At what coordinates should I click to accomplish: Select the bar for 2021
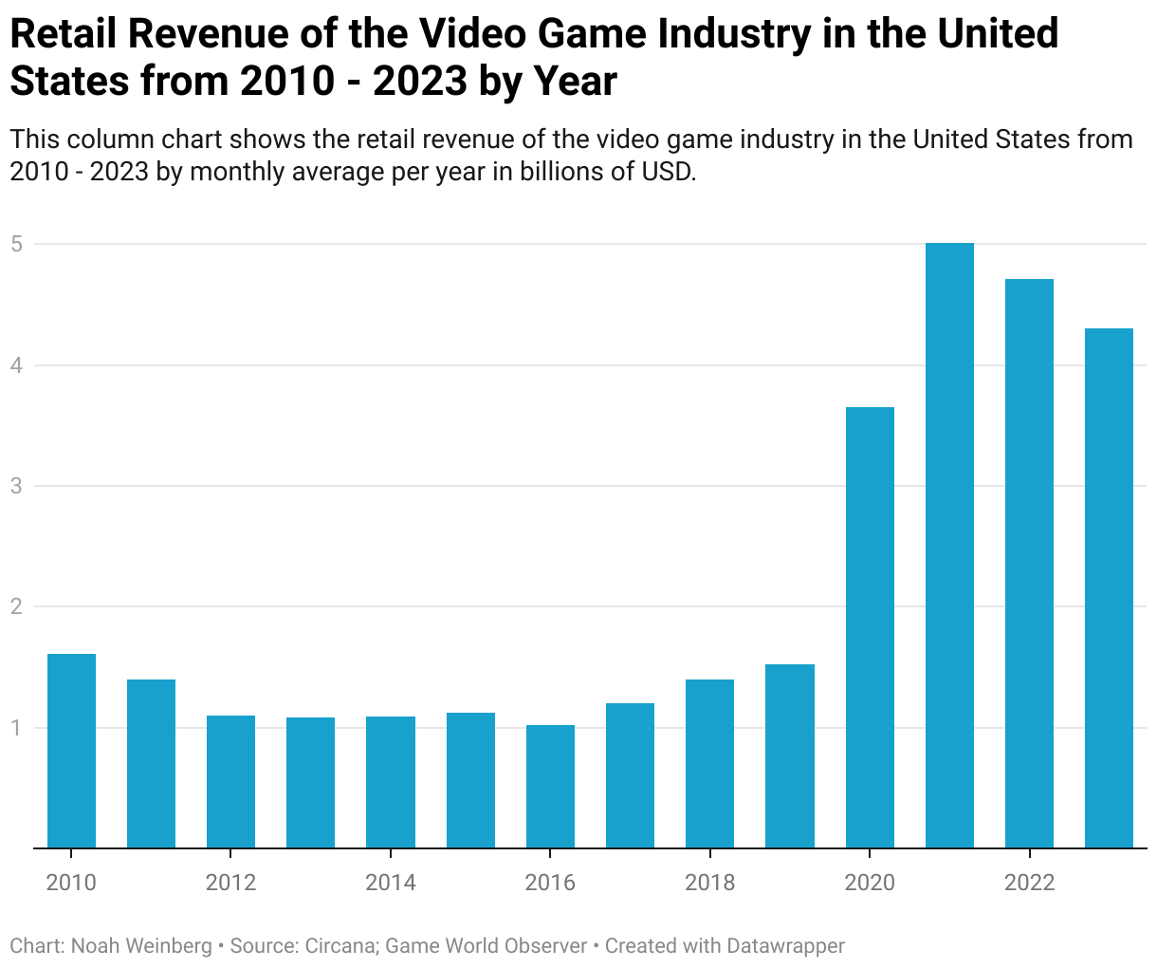[x=949, y=546]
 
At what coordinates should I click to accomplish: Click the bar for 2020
[x=870, y=627]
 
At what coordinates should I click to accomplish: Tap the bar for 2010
[x=71, y=751]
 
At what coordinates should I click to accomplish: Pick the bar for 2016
[x=550, y=787]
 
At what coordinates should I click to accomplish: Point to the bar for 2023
[x=1109, y=588]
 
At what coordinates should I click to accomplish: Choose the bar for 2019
[x=790, y=756]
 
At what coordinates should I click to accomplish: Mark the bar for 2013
[x=310, y=783]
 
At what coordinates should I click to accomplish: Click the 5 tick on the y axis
[x=16, y=244]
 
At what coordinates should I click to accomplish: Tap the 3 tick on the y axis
[x=16, y=486]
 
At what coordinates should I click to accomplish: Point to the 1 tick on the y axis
[x=16, y=728]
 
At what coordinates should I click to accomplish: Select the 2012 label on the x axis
[x=230, y=883]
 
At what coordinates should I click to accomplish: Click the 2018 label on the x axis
[x=709, y=883]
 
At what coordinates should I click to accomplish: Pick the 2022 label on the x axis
[x=1029, y=883]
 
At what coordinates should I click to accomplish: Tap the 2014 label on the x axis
[x=391, y=883]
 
